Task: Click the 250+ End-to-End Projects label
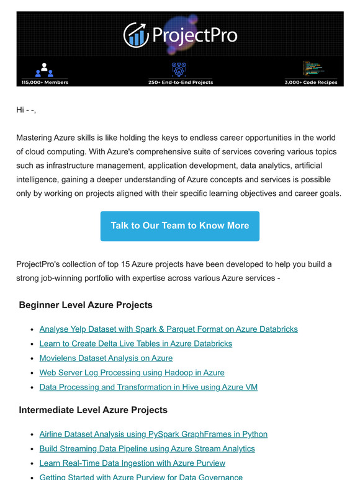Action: [180, 82]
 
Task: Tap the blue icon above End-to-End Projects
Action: [180, 68]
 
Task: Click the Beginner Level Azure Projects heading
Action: [86, 305]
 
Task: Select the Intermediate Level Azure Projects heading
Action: [93, 410]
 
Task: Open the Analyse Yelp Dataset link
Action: [168, 329]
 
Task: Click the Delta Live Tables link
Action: [135, 344]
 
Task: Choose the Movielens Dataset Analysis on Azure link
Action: [106, 358]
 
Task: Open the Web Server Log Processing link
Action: [132, 373]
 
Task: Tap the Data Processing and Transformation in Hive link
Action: [148, 387]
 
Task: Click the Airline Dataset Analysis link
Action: [153, 434]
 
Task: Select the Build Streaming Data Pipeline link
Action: [146, 448]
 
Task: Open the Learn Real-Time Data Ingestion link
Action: [132, 463]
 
